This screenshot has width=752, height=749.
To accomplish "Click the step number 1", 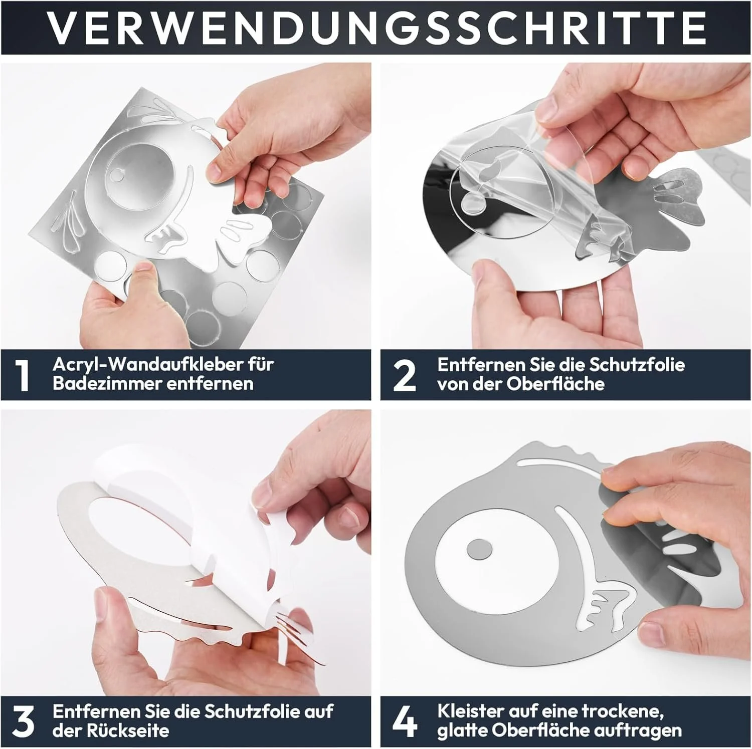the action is [23, 375].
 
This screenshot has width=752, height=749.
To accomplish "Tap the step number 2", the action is [404, 375].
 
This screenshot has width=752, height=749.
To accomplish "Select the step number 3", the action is [23, 721].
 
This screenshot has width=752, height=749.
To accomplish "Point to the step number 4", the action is [405, 721].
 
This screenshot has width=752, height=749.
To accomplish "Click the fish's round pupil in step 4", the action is [479, 549].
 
